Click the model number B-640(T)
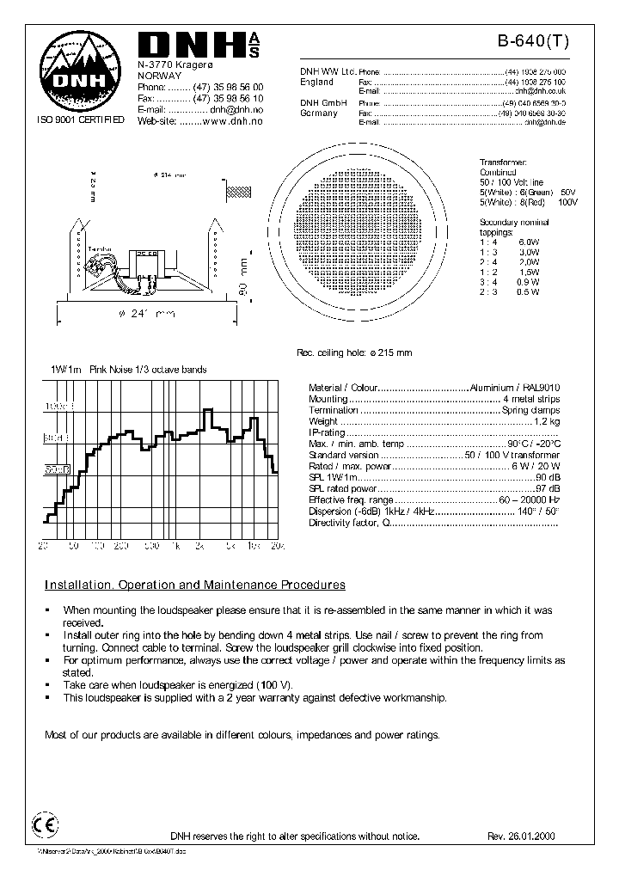click(x=534, y=40)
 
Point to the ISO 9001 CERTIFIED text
click(x=80, y=121)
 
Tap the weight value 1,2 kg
click(x=547, y=421)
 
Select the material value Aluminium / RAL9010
click(x=514, y=388)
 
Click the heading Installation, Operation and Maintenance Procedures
click(x=195, y=585)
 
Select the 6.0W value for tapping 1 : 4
click(x=530, y=242)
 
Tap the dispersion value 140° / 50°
click(x=539, y=511)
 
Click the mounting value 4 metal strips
click(x=530, y=399)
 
